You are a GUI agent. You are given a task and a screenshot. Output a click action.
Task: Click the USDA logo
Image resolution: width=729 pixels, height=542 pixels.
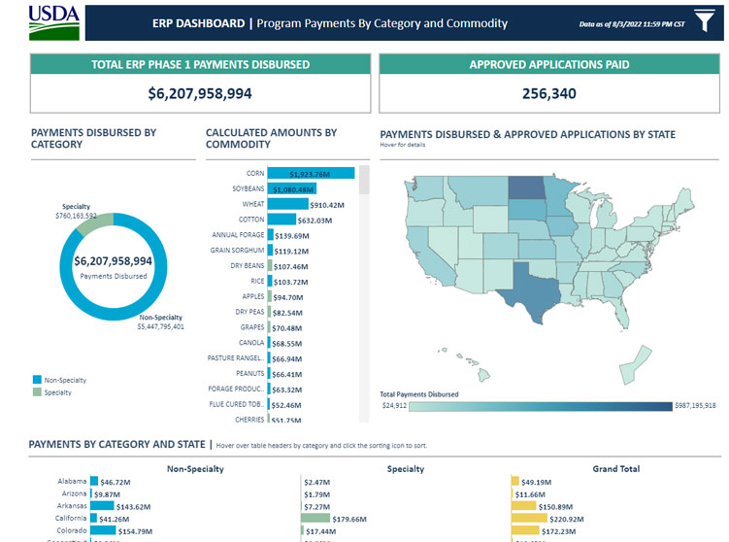[54, 22]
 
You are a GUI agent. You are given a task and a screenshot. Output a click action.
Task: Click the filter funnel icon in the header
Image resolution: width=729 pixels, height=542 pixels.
[703, 21]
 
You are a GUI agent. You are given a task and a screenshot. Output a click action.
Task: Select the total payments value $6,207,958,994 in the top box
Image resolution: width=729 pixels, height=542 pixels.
[200, 94]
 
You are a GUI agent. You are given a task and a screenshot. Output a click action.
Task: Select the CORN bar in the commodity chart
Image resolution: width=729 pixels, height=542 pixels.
[311, 173]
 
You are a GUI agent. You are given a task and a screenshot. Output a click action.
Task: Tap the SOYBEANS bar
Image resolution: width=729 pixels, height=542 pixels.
[292, 189]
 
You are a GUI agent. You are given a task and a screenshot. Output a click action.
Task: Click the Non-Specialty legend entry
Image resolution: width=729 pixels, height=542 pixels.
[59, 380]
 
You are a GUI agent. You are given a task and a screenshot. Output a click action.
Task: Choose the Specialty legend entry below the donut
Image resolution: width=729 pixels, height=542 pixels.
[54, 392]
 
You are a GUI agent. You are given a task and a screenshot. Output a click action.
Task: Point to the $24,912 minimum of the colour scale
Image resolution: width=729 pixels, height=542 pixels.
[393, 405]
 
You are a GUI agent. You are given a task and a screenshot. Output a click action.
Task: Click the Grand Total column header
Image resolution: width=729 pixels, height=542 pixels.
[615, 468]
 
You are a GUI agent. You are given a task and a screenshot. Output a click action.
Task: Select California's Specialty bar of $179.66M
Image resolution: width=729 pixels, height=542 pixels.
[315, 519]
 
